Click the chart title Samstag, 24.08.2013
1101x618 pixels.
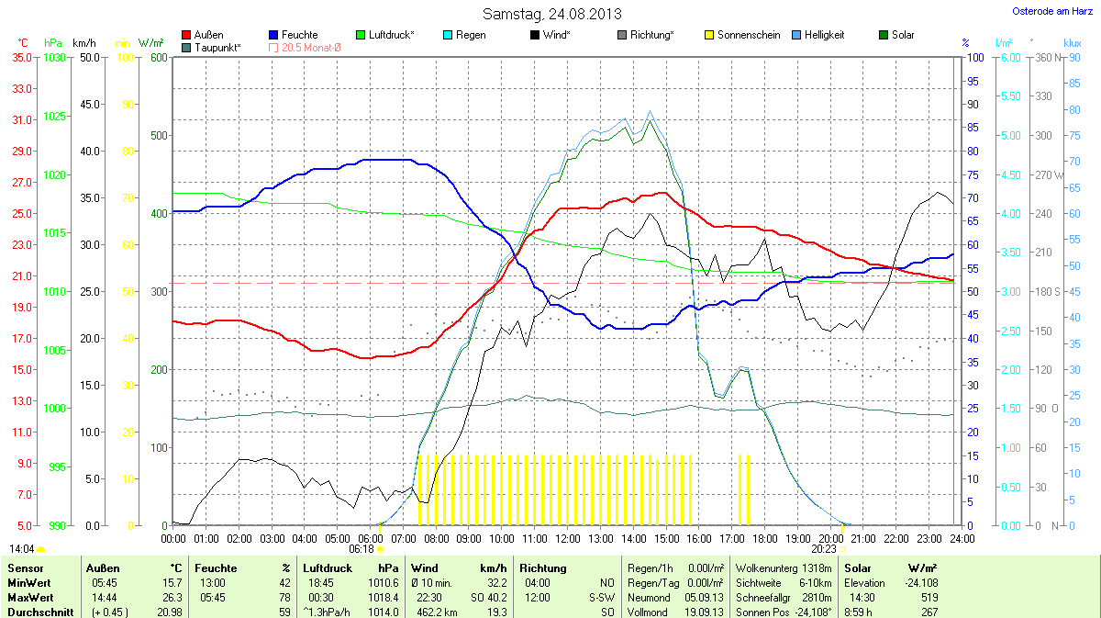coord(551,14)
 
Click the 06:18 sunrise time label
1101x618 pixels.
coord(361,549)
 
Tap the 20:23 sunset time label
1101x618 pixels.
coord(823,549)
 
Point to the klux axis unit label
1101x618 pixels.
coord(1072,43)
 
